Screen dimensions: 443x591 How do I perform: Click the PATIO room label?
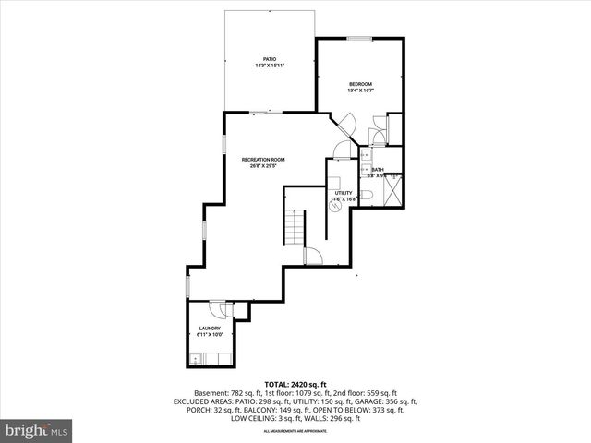pos(270,59)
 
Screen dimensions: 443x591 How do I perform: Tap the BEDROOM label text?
pos(360,83)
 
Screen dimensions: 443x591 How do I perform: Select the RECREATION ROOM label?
pos(263,160)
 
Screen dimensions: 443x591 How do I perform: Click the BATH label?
pos(378,170)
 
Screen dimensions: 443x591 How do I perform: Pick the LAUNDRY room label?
pos(210,328)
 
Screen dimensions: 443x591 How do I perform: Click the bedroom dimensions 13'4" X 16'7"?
pos(360,90)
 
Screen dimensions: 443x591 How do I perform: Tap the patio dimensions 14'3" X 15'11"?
pos(270,66)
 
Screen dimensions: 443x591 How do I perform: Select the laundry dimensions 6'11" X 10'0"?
pos(210,335)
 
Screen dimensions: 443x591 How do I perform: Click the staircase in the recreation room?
pos(294,226)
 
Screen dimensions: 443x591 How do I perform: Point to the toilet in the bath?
pos(367,196)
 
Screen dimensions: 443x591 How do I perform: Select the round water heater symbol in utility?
pos(334,207)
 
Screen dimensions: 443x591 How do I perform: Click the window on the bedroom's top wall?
pos(359,38)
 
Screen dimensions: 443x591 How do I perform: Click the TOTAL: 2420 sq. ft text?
pos(295,383)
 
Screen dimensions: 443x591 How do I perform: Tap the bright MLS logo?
pos(38,430)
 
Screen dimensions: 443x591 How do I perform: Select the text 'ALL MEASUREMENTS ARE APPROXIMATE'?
pos(295,431)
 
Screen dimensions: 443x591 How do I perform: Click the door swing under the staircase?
pos(313,256)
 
